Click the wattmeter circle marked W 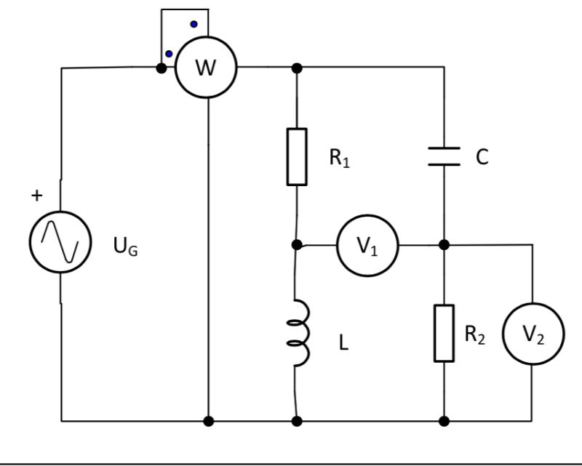207,69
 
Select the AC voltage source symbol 60,241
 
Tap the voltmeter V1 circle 367,246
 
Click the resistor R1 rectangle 297,156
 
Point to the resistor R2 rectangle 444,333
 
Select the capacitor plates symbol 444,156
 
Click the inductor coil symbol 300,333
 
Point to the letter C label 482,157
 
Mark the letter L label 343,343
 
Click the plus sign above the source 37,196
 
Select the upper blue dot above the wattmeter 194,24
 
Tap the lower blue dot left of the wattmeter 169,54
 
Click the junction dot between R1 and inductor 297,245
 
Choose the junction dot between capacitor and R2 444,245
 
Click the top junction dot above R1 297,68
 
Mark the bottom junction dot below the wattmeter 209,421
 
